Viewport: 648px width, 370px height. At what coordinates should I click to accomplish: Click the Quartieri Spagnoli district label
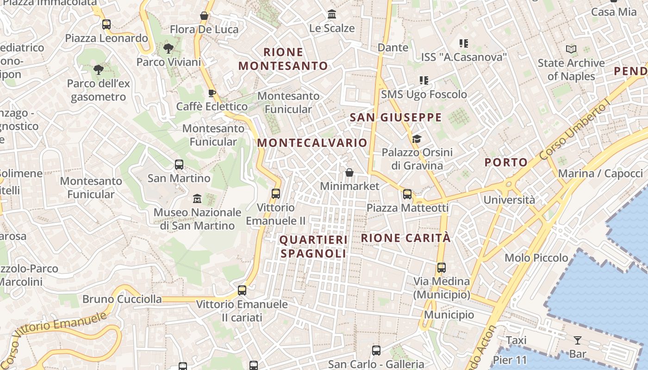point(313,247)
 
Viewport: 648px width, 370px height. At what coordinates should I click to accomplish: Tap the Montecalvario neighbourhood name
point(312,143)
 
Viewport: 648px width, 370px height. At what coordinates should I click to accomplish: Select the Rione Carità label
point(405,238)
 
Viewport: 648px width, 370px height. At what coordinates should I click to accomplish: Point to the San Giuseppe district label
point(396,117)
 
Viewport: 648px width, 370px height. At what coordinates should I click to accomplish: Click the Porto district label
point(506,162)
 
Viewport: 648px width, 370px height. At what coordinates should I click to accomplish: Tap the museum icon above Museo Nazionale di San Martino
point(197,199)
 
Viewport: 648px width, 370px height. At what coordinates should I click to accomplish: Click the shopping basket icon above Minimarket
point(349,173)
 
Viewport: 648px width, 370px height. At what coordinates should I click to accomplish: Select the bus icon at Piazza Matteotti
point(407,194)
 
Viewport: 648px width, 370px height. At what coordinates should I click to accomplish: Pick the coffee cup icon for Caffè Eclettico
point(212,93)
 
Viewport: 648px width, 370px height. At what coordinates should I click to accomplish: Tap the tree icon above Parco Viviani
point(168,48)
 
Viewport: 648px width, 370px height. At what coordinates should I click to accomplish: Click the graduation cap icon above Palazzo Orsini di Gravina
point(417,139)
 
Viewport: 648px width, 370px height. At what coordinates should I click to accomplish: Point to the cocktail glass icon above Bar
point(578,341)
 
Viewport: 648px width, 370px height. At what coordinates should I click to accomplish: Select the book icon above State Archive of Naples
point(571,49)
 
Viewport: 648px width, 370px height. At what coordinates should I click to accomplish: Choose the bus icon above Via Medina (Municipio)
point(442,268)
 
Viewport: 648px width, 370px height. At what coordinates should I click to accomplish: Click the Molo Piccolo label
point(536,258)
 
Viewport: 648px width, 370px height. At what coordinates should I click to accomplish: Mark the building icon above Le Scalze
point(332,14)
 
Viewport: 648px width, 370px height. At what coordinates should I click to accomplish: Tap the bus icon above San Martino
point(179,164)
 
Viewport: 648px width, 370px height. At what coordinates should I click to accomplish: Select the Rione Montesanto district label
point(283,59)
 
